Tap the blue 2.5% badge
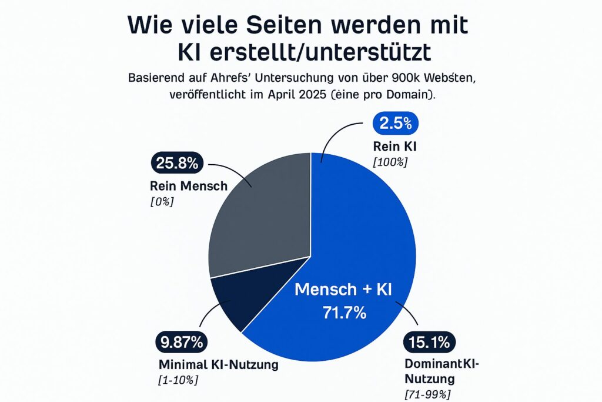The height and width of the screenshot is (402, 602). [396, 125]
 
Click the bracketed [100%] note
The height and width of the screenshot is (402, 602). [390, 161]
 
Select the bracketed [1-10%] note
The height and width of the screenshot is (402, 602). [178, 380]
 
